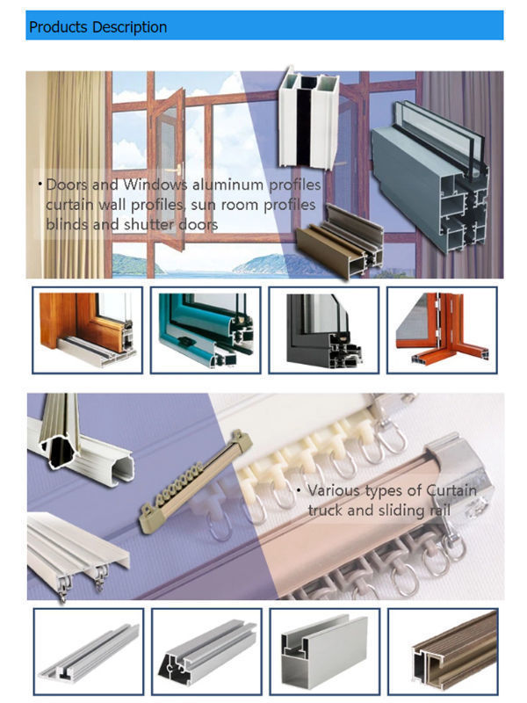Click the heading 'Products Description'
tap(97, 27)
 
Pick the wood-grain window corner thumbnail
tap(85, 329)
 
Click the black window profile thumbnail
tap(322, 329)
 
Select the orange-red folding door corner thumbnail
tap(441, 329)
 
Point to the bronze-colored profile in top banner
tap(341, 239)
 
